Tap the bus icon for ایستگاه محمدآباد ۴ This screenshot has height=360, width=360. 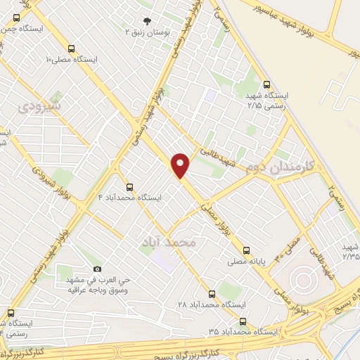[x=129, y=187]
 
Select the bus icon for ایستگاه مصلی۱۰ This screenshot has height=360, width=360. [x=72, y=49]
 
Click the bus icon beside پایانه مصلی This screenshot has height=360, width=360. [x=246, y=250]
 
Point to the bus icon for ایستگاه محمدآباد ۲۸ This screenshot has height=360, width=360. [x=212, y=294]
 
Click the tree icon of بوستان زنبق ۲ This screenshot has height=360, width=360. [x=147, y=21]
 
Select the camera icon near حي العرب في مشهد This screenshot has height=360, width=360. [x=97, y=269]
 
